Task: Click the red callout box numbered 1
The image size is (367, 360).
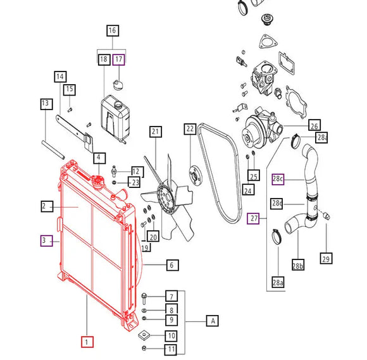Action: [x=87, y=342]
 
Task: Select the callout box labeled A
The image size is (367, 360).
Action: [x=212, y=321]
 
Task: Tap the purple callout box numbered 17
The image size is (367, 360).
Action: [x=119, y=59]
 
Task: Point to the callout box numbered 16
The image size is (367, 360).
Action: [x=113, y=30]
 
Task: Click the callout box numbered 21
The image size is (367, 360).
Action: [x=156, y=132]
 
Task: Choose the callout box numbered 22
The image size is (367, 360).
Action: [x=190, y=129]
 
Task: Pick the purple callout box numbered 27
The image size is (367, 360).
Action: [x=253, y=218]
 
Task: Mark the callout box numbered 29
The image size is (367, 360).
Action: [x=326, y=258]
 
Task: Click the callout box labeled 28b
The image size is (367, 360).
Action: [x=298, y=264]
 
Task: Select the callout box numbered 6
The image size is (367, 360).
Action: [x=173, y=265]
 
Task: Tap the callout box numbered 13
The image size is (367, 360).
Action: [x=46, y=104]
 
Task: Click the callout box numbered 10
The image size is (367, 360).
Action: [x=171, y=336]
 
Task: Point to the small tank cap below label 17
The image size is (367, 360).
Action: [x=118, y=85]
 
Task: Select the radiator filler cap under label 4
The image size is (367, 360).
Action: [x=98, y=181]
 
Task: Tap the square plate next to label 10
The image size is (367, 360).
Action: [x=144, y=335]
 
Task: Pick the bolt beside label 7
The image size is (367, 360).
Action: [x=144, y=298]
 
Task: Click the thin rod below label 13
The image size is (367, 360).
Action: [x=53, y=150]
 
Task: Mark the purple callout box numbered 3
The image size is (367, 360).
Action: [x=46, y=240]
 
